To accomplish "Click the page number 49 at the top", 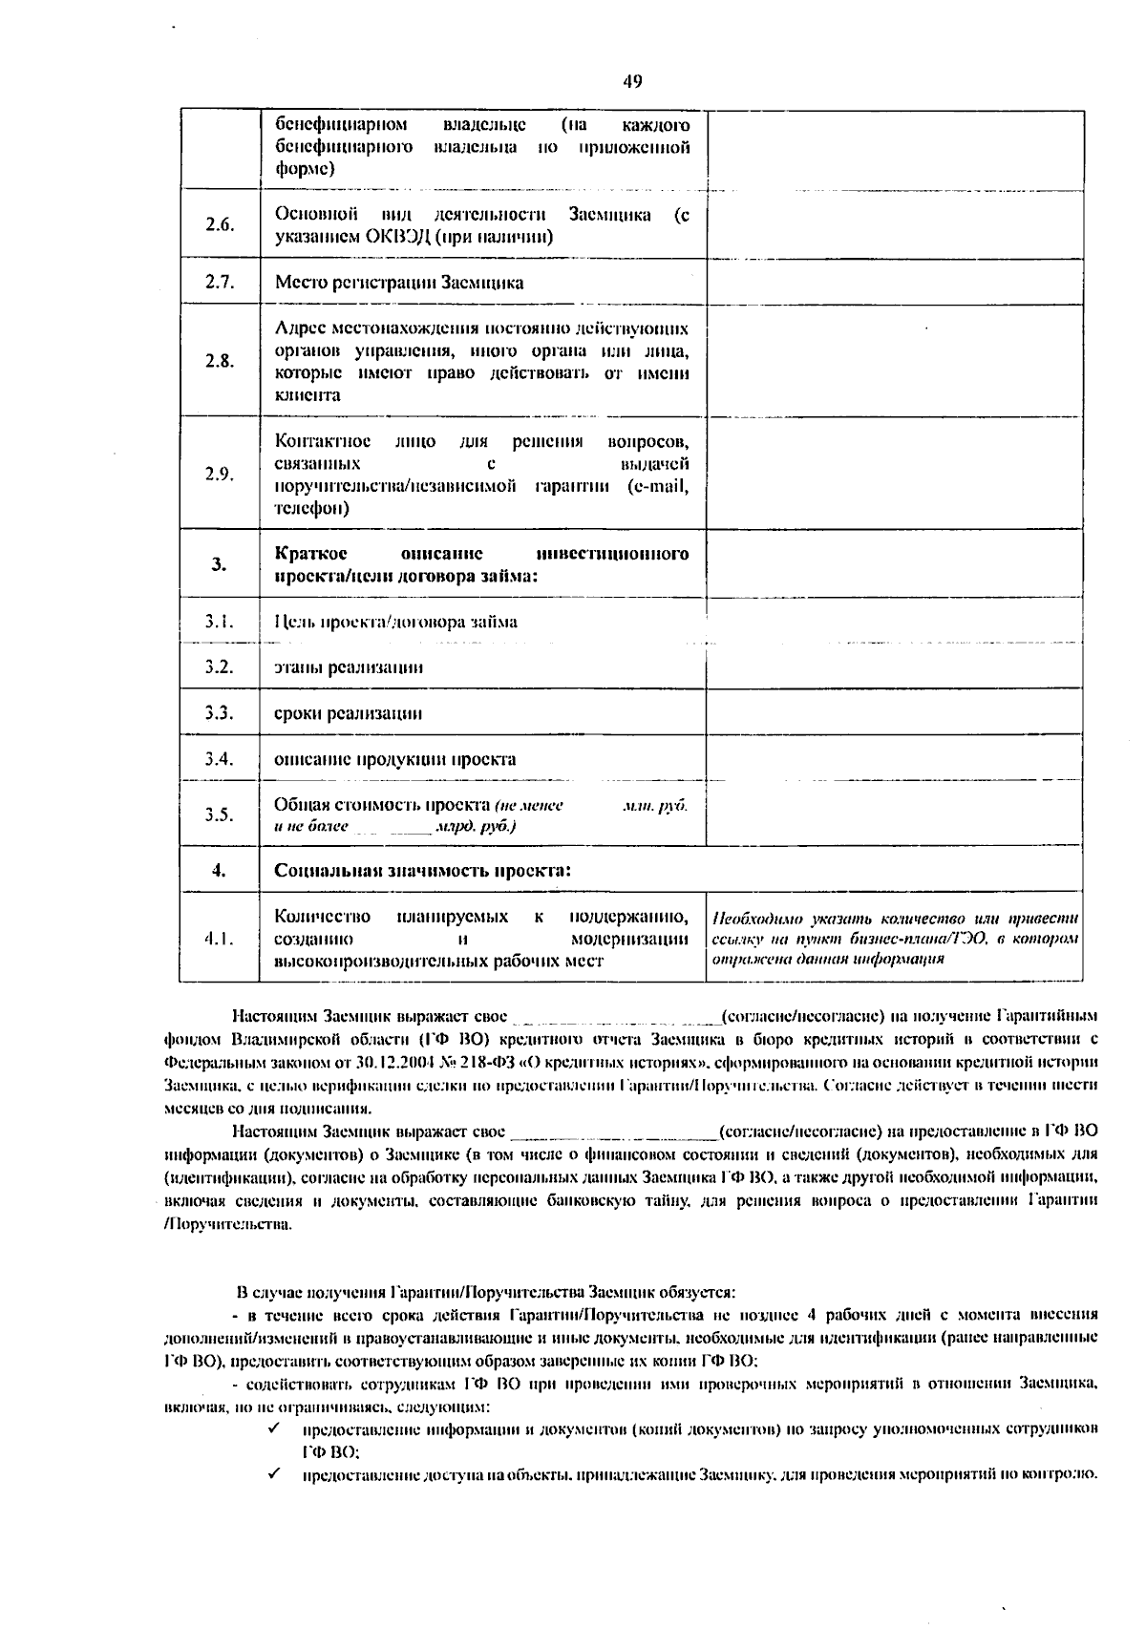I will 632,81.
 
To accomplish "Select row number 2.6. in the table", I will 220,225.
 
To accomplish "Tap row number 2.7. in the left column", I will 220,282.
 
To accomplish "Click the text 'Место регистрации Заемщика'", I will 399,283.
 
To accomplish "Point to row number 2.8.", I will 220,361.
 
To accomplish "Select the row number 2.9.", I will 220,475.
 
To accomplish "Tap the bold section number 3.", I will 220,564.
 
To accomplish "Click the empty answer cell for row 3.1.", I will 894,622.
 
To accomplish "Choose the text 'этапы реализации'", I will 349,667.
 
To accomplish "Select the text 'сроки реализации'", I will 349,713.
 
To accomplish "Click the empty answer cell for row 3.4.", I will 894,759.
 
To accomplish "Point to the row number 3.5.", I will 220,814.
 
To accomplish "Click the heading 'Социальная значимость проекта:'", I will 423,871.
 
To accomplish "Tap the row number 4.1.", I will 220,939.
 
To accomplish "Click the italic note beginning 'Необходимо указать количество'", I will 895,939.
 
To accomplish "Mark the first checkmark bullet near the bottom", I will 273,1428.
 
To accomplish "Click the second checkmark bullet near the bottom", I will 273,1473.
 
